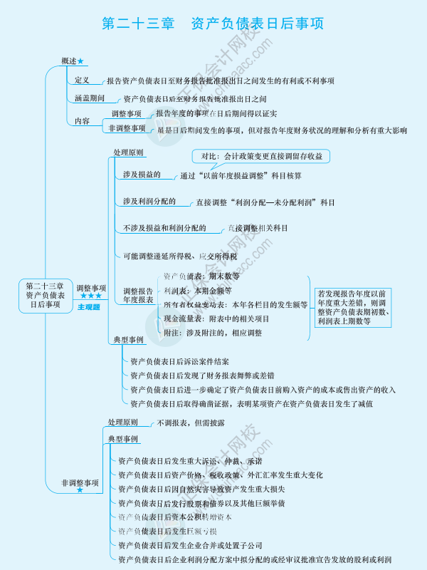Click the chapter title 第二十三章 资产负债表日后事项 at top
(213, 24)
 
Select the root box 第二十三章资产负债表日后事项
(45, 294)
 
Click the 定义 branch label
(82, 81)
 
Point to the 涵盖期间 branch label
(90, 99)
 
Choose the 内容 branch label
(82, 121)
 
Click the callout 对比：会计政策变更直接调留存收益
(261, 156)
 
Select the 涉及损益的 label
(141, 175)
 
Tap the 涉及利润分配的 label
(149, 202)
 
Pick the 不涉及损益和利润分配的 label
(164, 228)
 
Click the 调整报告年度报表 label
(138, 296)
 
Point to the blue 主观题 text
(89, 307)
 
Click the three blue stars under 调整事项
(90, 296)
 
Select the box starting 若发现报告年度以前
(354, 307)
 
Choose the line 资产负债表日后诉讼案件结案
(179, 362)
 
